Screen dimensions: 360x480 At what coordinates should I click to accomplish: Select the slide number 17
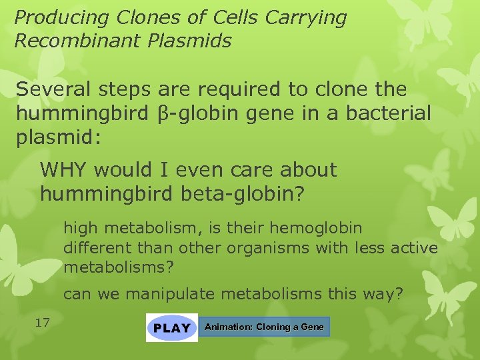click(43, 323)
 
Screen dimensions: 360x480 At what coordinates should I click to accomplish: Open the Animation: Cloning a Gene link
click(264, 327)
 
